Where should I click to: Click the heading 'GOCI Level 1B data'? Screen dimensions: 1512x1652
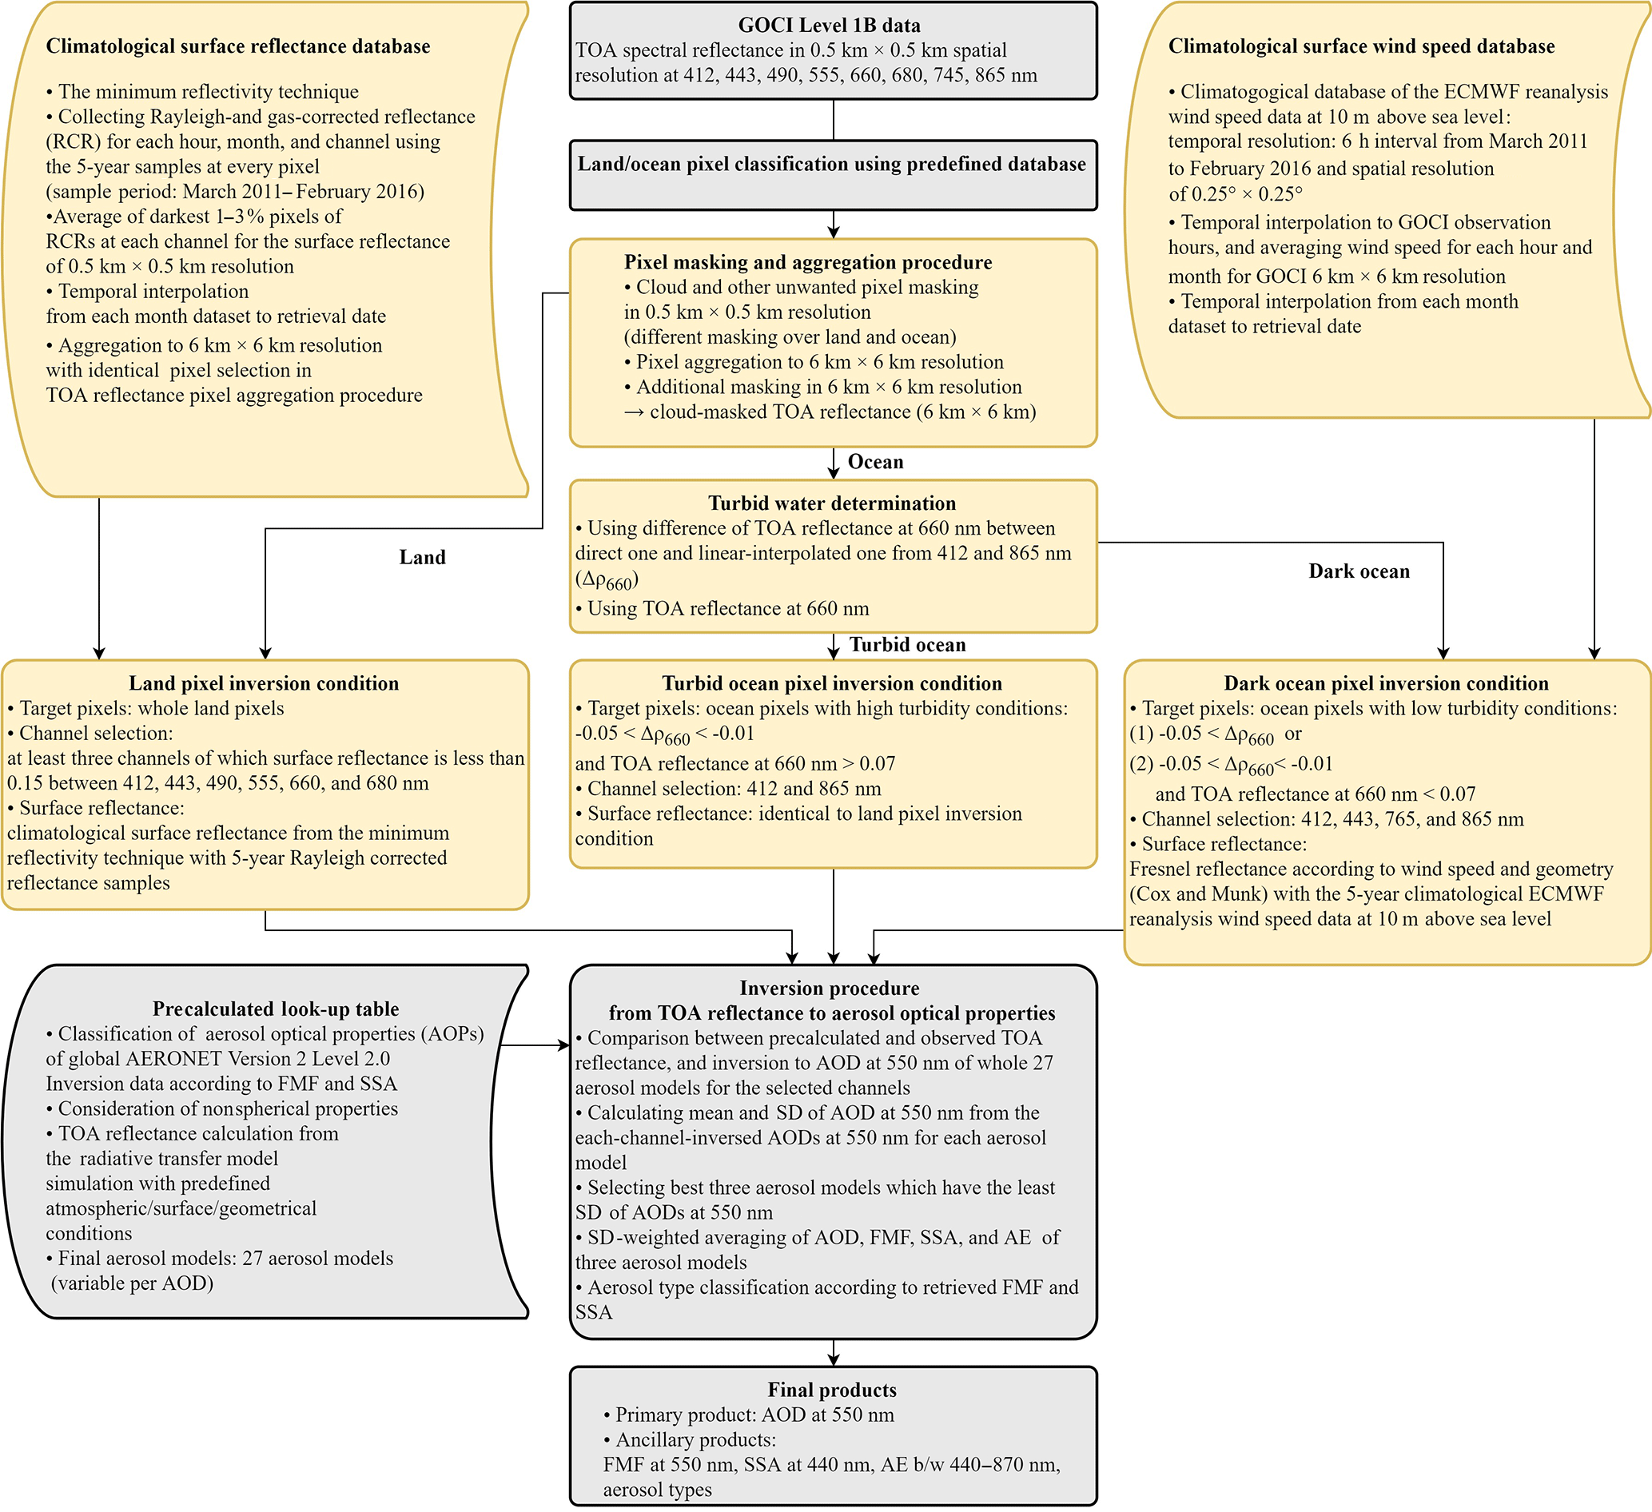click(829, 26)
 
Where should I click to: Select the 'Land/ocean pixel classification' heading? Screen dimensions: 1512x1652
click(832, 165)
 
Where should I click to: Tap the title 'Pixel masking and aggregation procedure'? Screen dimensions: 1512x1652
click(807, 262)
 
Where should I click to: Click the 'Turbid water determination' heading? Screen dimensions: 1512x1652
click(832, 503)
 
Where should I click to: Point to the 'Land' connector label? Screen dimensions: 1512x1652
click(422, 558)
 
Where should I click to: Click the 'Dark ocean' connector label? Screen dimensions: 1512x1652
click(1359, 572)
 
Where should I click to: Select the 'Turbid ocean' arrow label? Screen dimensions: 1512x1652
click(907, 646)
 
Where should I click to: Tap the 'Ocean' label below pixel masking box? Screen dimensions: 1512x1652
click(875, 462)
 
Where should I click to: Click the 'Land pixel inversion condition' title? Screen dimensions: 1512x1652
click(264, 683)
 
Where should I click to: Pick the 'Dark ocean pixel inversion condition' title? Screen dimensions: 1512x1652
click(1386, 683)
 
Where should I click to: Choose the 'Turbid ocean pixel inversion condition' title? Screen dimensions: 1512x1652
click(832, 683)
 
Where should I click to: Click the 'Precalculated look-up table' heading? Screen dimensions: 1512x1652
click(275, 1009)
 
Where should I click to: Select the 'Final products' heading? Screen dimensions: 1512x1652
click(832, 1390)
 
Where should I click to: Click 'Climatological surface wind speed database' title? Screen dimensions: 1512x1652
click(1361, 46)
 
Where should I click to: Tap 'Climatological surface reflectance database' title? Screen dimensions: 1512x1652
click(237, 46)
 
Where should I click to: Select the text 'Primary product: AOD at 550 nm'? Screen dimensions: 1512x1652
click(754, 1415)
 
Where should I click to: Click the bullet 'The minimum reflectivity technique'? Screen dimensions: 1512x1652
click(208, 92)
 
